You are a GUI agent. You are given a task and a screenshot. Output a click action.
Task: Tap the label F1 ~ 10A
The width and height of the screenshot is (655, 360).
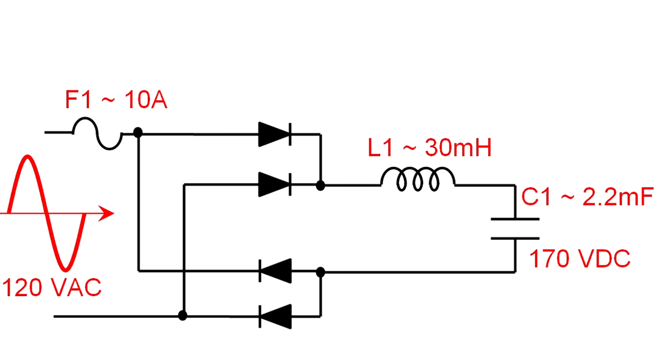pyautogui.click(x=116, y=100)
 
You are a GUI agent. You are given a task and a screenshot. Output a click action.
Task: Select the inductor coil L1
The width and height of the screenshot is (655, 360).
pyautogui.click(x=418, y=179)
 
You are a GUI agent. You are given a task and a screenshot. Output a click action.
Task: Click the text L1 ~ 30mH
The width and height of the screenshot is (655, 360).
pyautogui.click(x=429, y=148)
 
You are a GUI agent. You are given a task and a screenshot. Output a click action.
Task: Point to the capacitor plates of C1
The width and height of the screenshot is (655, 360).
pyautogui.click(x=515, y=229)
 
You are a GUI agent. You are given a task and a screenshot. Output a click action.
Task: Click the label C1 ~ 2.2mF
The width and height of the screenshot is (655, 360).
pyautogui.click(x=587, y=197)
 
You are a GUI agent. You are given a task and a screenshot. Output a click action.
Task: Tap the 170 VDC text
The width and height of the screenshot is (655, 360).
pyautogui.click(x=580, y=259)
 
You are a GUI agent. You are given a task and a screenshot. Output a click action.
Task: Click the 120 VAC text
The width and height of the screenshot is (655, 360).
pyautogui.click(x=52, y=288)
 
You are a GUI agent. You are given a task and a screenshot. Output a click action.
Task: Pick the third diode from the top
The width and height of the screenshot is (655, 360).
pyautogui.click(x=276, y=271)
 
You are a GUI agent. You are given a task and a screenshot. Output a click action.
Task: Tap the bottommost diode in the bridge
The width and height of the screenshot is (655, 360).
pyautogui.click(x=276, y=316)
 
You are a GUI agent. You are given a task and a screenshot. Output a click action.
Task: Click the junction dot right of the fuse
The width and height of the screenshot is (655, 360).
pyautogui.click(x=138, y=133)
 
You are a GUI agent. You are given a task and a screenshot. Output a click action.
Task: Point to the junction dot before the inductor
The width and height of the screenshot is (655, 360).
pyautogui.click(x=321, y=186)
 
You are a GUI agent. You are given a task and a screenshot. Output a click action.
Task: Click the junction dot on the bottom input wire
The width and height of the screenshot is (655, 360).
pyautogui.click(x=183, y=315)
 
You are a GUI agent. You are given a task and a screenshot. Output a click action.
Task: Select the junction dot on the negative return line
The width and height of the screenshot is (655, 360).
pyautogui.click(x=321, y=272)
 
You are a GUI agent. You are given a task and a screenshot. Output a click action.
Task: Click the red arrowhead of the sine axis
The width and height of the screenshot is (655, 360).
pyautogui.click(x=107, y=213)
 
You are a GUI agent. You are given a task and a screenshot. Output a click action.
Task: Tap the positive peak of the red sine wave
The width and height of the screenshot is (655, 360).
pyautogui.click(x=27, y=157)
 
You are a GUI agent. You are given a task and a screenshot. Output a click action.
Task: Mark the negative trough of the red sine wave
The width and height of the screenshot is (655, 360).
pyautogui.click(x=65, y=269)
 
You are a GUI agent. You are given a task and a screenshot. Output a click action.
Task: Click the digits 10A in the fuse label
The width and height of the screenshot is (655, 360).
pyautogui.click(x=146, y=100)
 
